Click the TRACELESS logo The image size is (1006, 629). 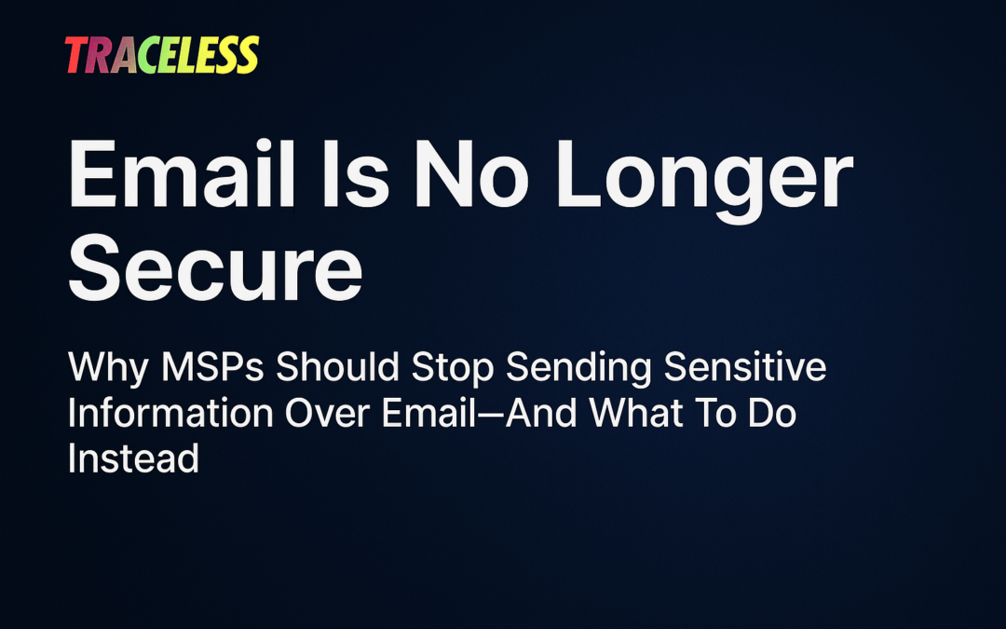162,56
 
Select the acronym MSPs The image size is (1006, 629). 210,368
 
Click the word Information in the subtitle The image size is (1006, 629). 170,414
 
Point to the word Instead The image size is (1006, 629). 134,458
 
